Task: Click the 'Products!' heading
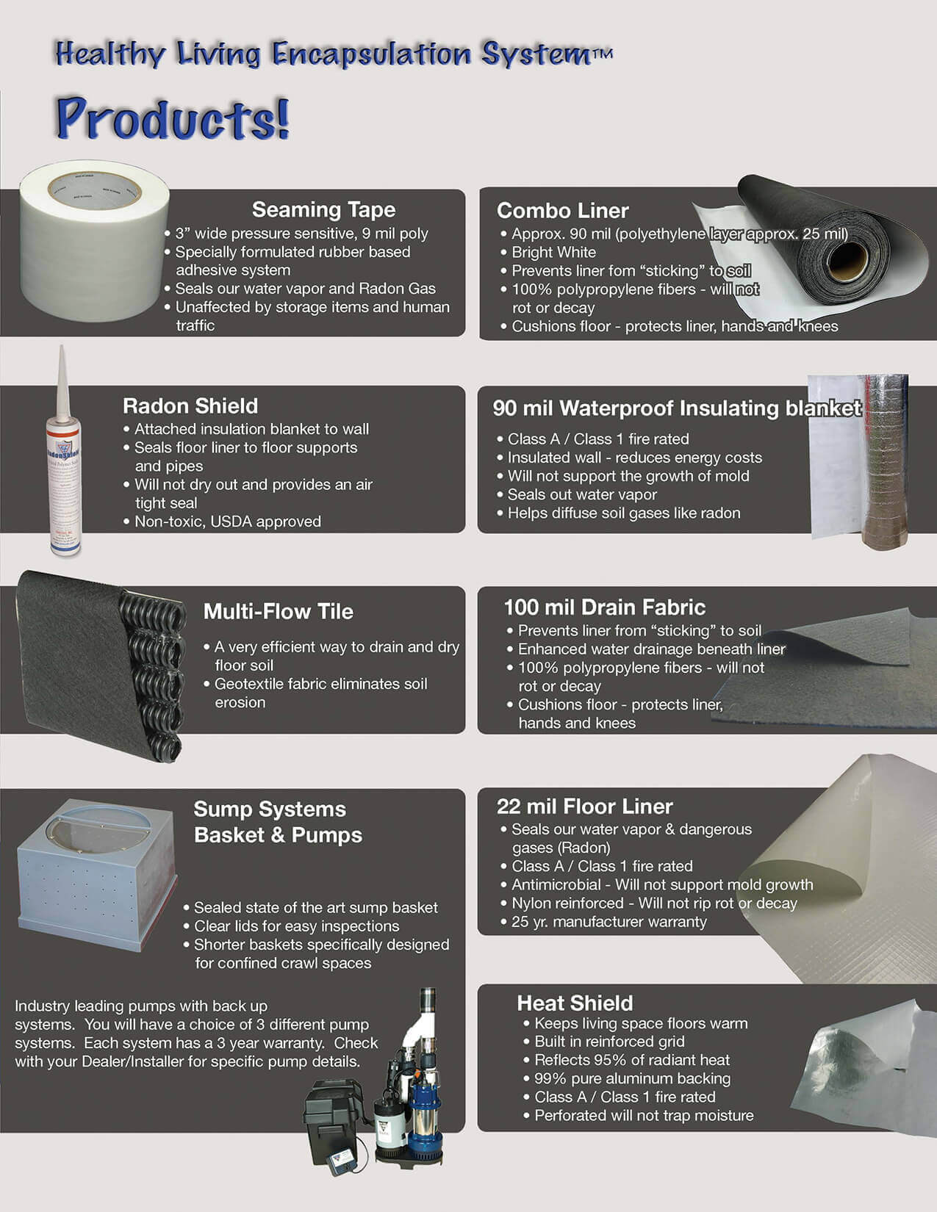(173, 119)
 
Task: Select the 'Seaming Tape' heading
(323, 210)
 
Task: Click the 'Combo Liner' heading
(562, 211)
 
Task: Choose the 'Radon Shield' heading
(190, 406)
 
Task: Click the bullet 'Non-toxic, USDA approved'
(227, 522)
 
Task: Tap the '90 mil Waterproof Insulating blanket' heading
(676, 408)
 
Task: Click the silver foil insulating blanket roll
(886, 463)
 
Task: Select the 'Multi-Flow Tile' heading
(278, 612)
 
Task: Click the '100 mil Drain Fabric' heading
(604, 607)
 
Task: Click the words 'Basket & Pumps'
(278, 835)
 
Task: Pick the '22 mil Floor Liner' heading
(584, 807)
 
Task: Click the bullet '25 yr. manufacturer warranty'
(608, 922)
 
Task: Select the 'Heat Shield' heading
(574, 1003)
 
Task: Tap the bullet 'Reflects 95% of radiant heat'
(631, 1060)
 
